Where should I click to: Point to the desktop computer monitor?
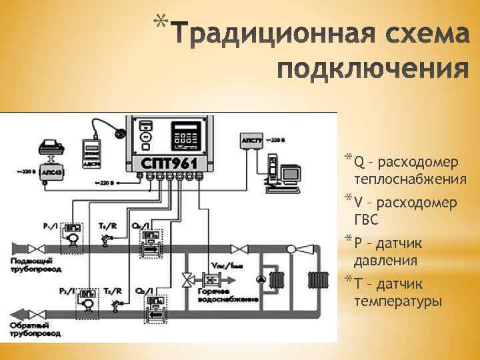[291, 173]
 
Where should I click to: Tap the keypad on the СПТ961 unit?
[185, 138]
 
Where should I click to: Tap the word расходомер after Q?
[417, 161]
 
